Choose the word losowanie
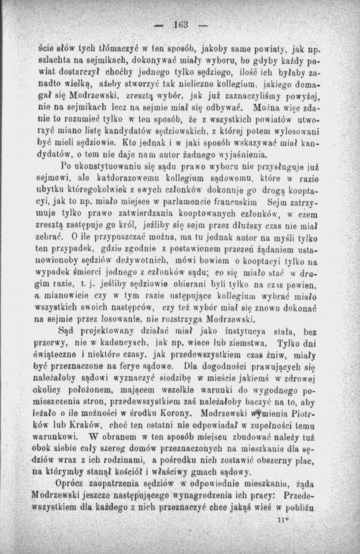point(116,318)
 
